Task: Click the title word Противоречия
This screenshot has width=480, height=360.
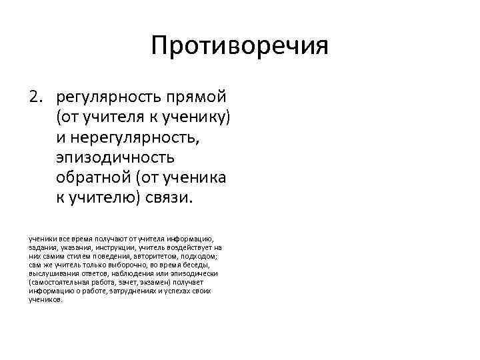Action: pos(239,47)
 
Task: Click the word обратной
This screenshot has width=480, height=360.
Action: pos(93,179)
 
